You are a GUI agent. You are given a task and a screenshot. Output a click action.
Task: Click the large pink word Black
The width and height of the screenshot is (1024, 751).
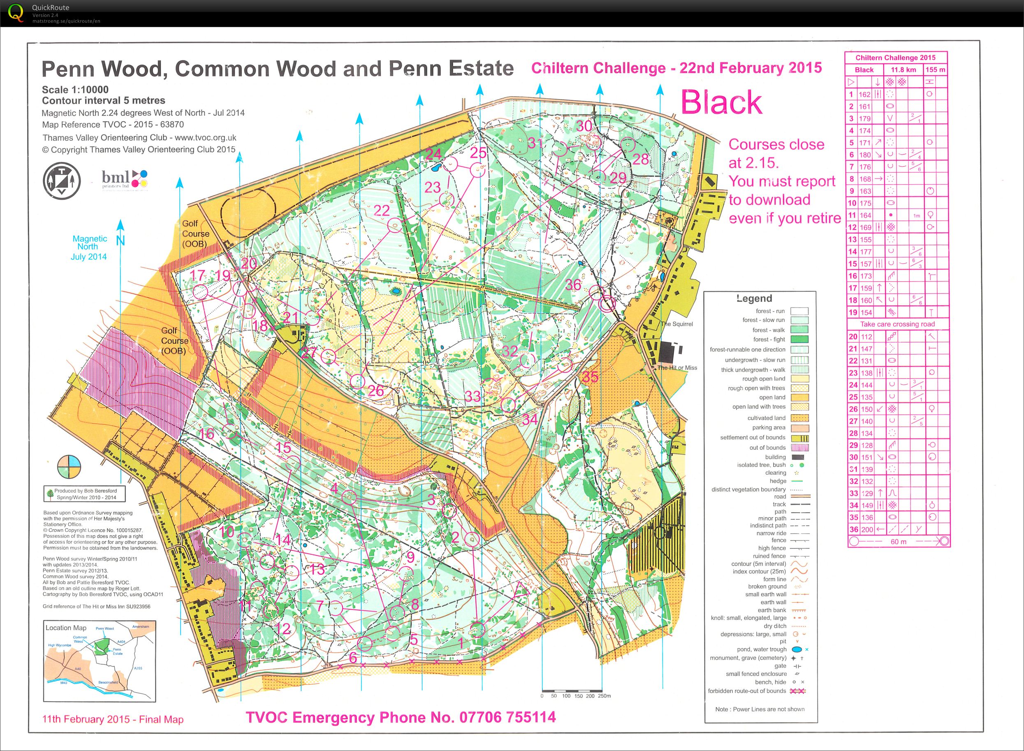[x=721, y=102]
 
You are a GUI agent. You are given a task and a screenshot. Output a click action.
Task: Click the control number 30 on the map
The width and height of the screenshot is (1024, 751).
[x=584, y=126]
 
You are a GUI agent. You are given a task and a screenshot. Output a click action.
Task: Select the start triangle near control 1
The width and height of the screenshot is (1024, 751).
[x=521, y=591]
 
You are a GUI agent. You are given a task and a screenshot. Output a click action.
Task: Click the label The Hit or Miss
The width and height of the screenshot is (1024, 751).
[x=677, y=368]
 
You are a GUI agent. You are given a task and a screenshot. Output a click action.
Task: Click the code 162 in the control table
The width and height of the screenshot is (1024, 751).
[x=864, y=95]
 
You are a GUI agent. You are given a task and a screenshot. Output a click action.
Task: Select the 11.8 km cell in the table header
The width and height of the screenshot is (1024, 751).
[x=903, y=69]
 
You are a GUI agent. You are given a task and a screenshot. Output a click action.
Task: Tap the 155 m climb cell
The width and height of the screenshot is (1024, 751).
[x=935, y=69]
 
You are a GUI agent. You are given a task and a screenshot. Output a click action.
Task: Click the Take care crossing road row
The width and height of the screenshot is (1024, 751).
[x=897, y=324]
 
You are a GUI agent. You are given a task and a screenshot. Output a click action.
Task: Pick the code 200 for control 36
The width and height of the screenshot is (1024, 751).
[x=866, y=529]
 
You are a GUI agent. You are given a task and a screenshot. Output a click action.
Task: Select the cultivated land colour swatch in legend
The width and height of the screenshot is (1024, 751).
[x=800, y=418]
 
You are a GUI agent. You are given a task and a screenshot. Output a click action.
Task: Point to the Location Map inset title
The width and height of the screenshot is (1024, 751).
[x=65, y=627]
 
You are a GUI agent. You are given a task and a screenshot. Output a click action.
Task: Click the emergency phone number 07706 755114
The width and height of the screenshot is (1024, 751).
[x=507, y=717]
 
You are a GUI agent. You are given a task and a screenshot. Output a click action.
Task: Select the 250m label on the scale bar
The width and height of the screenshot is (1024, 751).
[x=604, y=696]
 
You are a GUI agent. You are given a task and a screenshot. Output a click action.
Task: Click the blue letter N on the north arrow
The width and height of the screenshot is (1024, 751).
[x=120, y=240]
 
